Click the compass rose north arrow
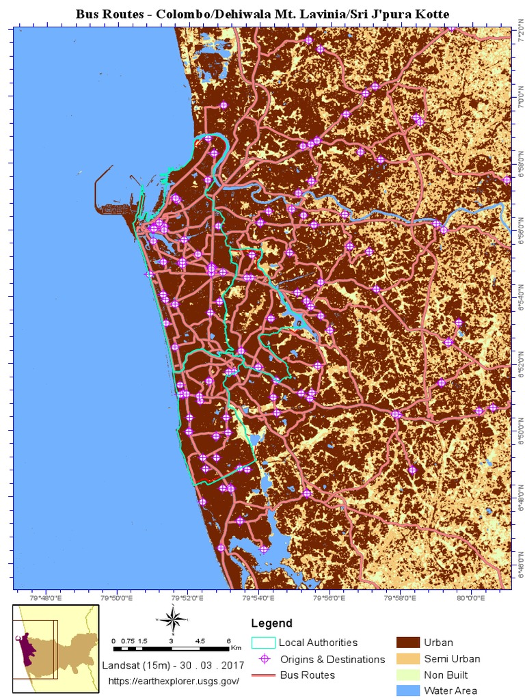[174, 620]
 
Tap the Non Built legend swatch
[407, 675]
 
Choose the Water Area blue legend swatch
[407, 690]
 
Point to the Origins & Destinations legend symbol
[263, 659]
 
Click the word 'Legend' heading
[271, 623]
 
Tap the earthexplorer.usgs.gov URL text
[174, 682]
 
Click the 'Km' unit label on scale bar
[236, 647]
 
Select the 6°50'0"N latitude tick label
[517, 432]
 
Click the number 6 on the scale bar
[228, 641]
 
